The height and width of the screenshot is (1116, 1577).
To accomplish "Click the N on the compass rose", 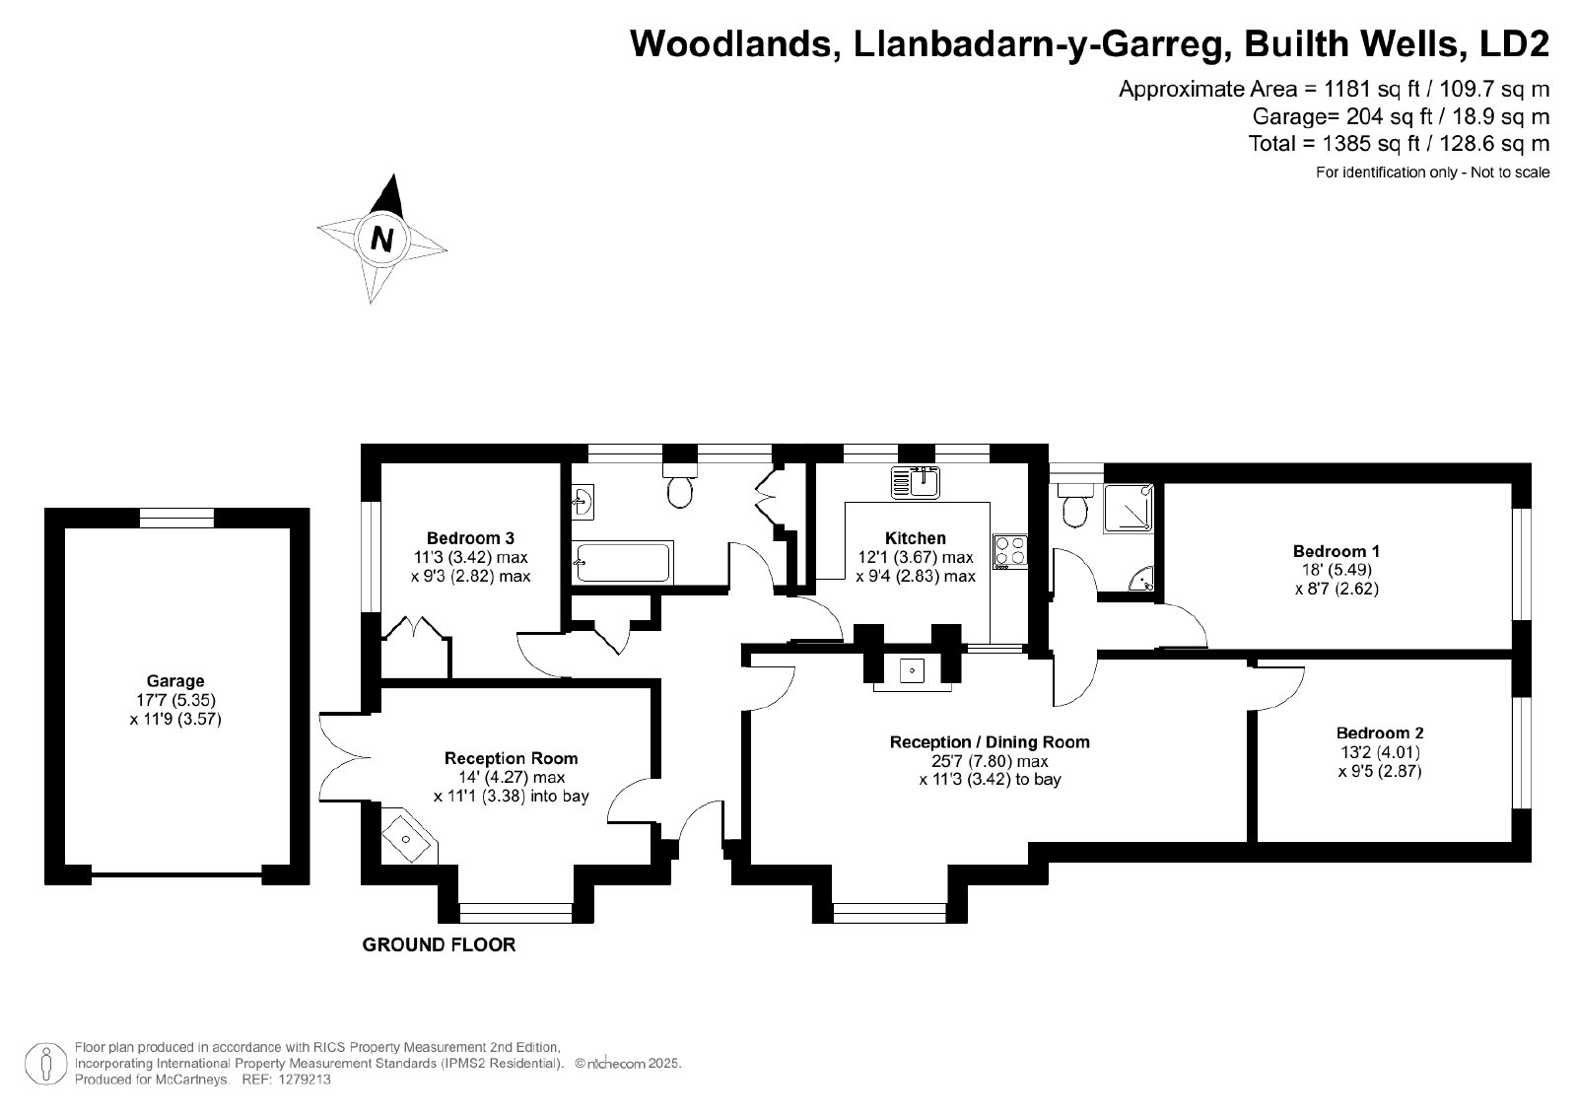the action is (x=381, y=240).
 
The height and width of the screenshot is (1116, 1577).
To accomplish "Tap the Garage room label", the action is (x=175, y=681).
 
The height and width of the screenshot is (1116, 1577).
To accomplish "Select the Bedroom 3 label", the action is (x=470, y=538).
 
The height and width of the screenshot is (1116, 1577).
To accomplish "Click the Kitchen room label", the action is (x=916, y=538).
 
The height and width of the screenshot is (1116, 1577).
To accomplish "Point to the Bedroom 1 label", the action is (x=1337, y=551).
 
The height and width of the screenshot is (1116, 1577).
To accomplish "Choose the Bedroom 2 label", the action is (x=1380, y=732).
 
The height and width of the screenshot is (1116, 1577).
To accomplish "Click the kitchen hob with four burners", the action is (x=1010, y=552).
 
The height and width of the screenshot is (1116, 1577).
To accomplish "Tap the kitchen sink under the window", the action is (x=916, y=482).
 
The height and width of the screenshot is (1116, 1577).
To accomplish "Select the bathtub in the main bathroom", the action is (x=622, y=562).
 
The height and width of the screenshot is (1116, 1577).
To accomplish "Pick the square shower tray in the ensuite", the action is (x=1129, y=508).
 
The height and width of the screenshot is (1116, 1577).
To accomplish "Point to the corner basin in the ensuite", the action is (x=1143, y=580).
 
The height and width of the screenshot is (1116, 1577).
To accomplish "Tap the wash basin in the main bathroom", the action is (x=583, y=502).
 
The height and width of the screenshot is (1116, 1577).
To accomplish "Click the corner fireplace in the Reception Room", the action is (x=409, y=837).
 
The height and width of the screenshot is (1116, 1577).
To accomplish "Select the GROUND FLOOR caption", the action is (x=439, y=944).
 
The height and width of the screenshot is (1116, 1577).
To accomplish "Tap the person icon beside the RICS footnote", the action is (x=46, y=1064).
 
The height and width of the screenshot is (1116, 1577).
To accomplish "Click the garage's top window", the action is (x=176, y=518).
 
